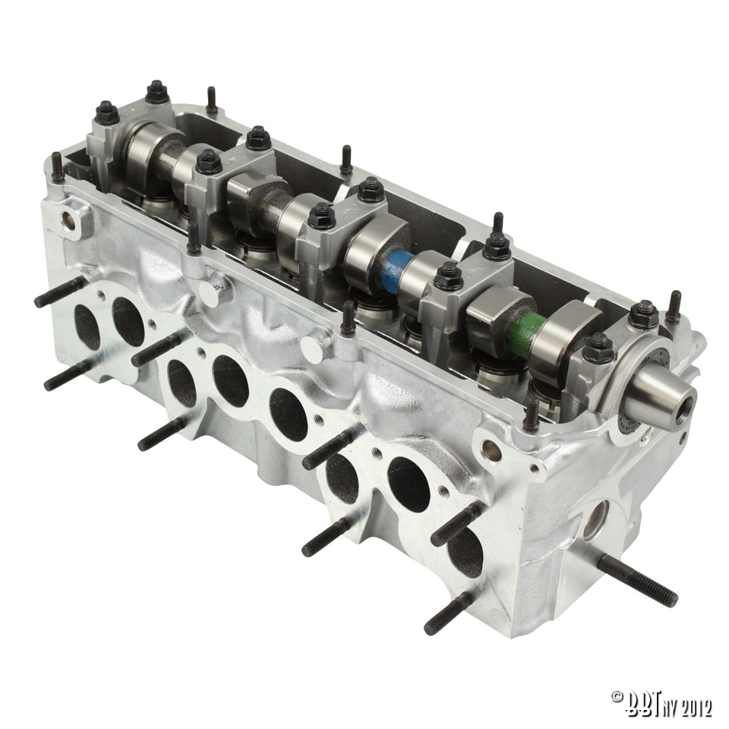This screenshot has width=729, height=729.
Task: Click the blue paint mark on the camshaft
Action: [396, 267]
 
